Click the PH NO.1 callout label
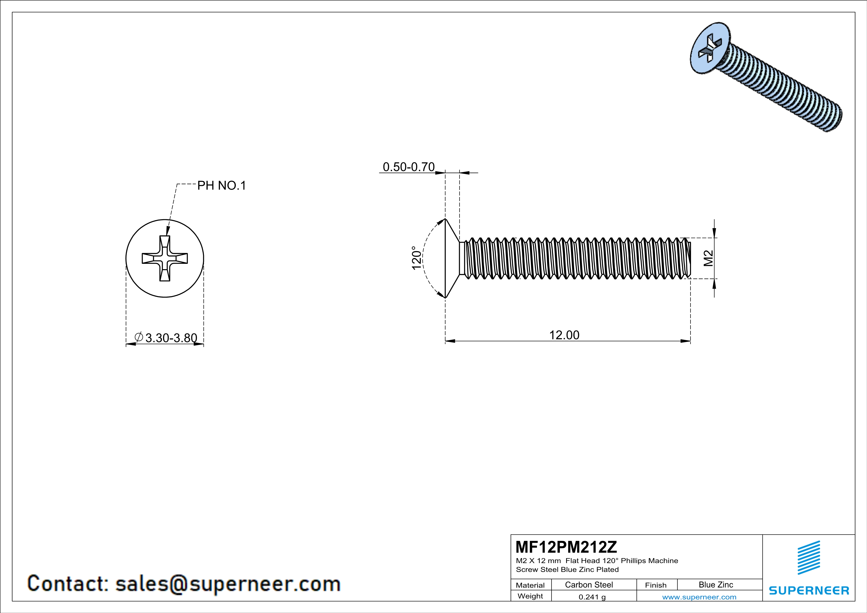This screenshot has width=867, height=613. pyautogui.click(x=222, y=185)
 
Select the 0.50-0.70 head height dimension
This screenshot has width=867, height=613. pyautogui.click(x=409, y=167)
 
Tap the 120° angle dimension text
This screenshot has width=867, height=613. pyautogui.click(x=416, y=258)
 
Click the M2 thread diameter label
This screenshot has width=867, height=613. pyautogui.click(x=708, y=258)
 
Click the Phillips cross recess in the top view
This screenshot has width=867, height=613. pyautogui.click(x=165, y=258)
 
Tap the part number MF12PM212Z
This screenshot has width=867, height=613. pyautogui.click(x=566, y=547)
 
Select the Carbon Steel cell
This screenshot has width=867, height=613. pyautogui.click(x=589, y=585)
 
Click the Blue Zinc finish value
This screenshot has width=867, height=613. pyautogui.click(x=715, y=585)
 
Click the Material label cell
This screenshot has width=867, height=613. pyautogui.click(x=530, y=585)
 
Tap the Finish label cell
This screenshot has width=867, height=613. pyautogui.click(x=656, y=585)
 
